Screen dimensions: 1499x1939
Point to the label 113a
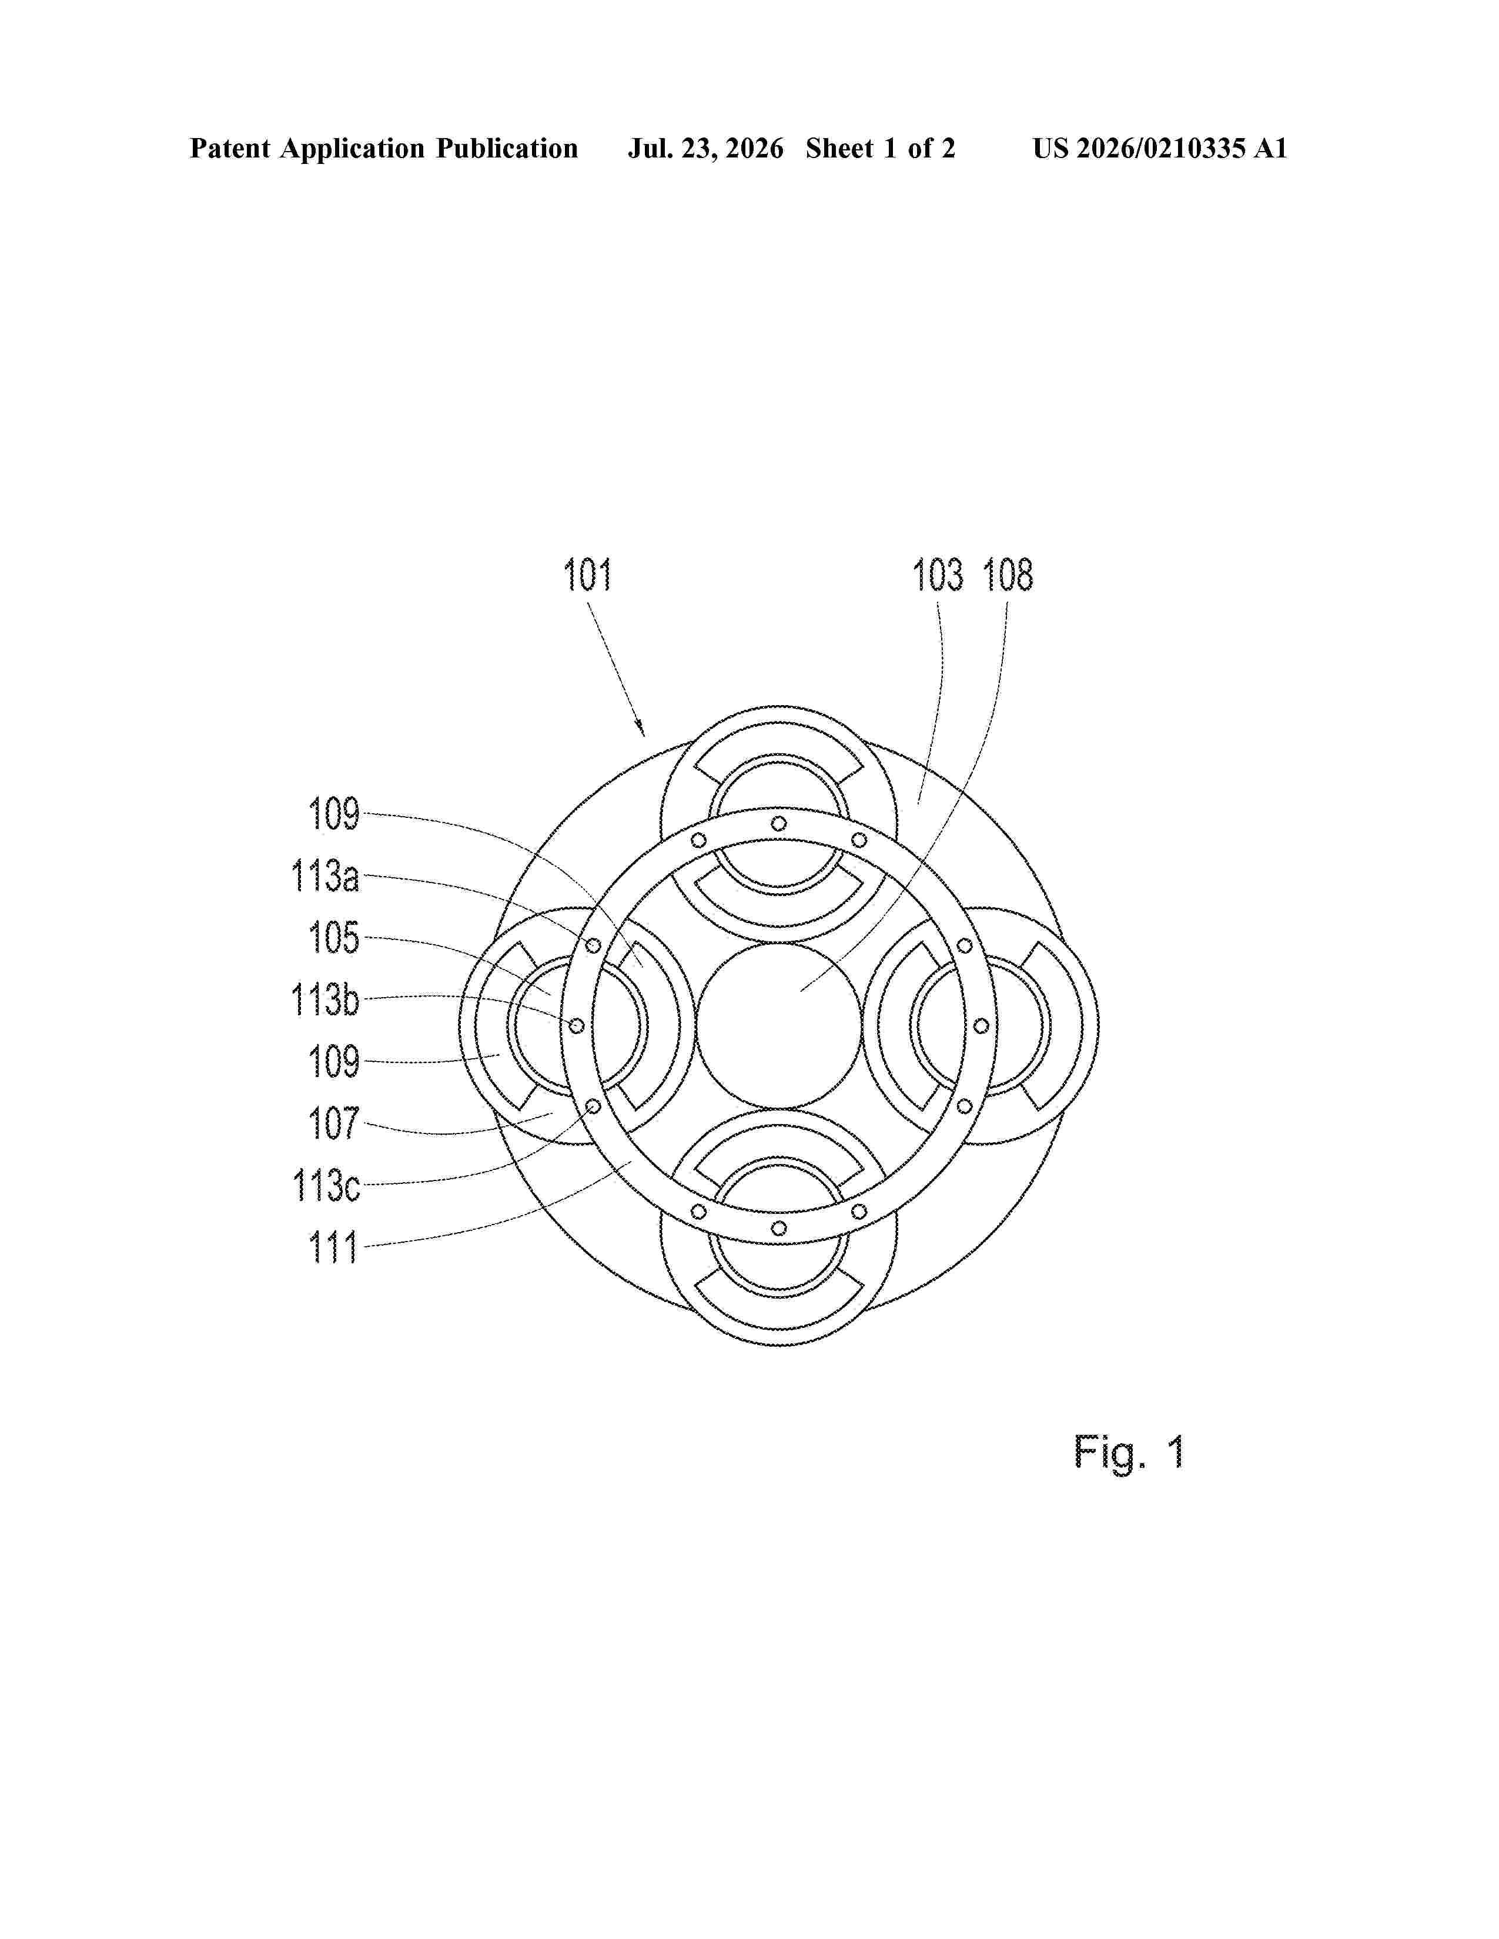pos(326,876)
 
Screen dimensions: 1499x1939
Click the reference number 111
pos(333,1247)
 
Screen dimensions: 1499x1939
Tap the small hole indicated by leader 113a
pos(593,945)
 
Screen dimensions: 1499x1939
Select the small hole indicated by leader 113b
pos(576,1025)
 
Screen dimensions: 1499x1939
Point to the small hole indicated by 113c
pos(593,1106)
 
